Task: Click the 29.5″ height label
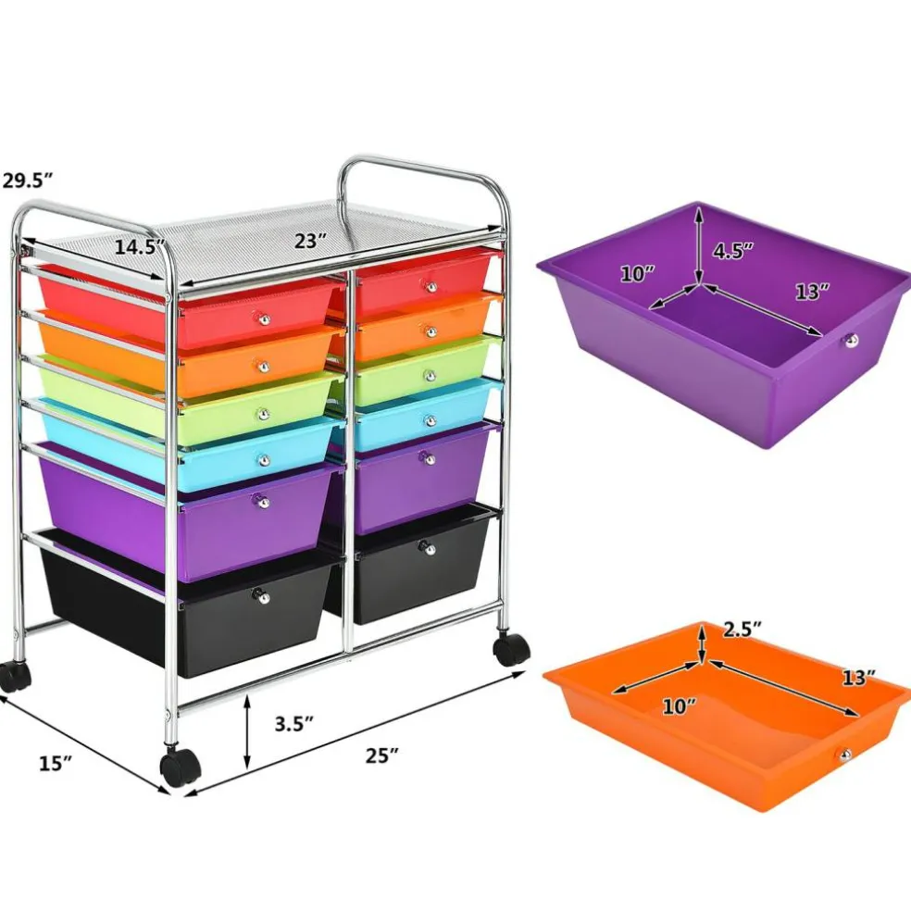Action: [x=27, y=181]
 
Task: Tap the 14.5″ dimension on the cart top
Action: [x=140, y=247]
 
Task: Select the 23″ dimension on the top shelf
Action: [x=311, y=241]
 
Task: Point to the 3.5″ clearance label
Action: [x=294, y=724]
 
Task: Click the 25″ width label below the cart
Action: [x=382, y=755]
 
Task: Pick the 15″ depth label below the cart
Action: [x=56, y=763]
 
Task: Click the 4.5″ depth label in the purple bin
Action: [x=733, y=250]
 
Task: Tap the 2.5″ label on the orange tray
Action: [x=742, y=630]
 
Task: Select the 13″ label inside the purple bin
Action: [x=812, y=292]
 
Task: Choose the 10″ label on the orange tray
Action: [x=680, y=706]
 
